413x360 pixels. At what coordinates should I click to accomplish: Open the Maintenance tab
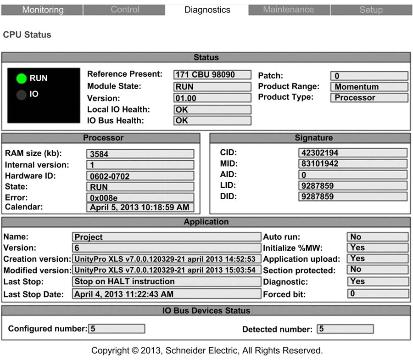289,10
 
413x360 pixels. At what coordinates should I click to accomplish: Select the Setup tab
371,10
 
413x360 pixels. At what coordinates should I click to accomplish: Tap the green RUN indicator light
21,79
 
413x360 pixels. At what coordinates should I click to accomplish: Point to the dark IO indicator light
21,95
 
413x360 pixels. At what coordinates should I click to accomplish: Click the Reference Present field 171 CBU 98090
212,75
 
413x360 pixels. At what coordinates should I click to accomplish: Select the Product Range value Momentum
369,87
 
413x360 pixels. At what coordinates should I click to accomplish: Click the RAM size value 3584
140,154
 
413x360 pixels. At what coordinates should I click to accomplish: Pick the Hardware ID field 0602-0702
140,175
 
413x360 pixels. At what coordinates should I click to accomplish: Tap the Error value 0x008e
140,197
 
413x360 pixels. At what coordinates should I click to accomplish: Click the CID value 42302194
352,153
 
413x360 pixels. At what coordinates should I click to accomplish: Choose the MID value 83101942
352,164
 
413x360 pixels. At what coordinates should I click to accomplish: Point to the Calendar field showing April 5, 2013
140,207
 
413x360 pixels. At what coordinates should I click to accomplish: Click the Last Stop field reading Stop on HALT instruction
167,281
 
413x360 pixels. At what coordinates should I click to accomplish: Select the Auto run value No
377,237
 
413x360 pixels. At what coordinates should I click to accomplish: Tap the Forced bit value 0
377,293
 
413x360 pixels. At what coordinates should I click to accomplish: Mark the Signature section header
310,138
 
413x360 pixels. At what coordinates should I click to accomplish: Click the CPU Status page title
27,35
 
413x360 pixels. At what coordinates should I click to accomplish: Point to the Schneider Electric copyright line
206,350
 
